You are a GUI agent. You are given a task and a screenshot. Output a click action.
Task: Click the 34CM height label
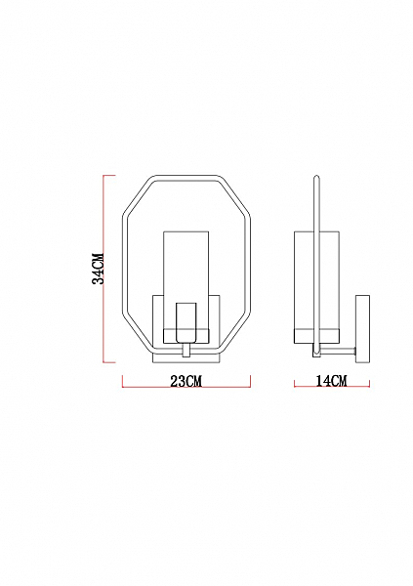(x=98, y=269)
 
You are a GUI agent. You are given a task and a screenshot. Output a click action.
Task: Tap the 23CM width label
(x=186, y=381)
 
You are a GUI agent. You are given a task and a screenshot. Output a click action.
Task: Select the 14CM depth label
(x=332, y=381)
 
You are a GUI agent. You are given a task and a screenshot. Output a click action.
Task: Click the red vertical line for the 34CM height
(x=103, y=269)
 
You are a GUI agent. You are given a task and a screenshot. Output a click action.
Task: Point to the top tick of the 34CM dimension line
(x=109, y=175)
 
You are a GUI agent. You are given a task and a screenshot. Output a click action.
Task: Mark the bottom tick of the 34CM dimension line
(x=109, y=362)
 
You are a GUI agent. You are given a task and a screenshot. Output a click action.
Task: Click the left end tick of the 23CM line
(x=123, y=381)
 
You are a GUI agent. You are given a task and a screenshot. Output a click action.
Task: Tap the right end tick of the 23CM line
(x=250, y=381)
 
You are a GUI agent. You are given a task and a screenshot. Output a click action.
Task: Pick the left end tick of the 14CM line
(x=295, y=384)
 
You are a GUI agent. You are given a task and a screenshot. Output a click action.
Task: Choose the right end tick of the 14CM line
(x=369, y=384)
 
